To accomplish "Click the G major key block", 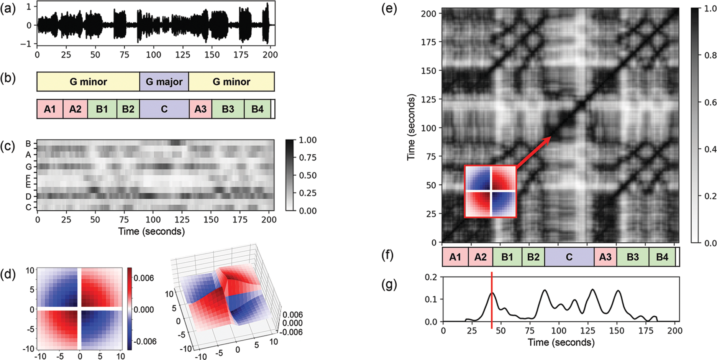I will (x=164, y=82).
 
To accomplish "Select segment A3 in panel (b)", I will (x=200, y=109).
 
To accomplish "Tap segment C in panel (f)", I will (x=569, y=257).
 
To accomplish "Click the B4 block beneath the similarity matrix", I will (x=662, y=257).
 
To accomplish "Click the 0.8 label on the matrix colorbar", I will (x=710, y=56).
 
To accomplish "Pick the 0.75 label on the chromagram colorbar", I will (x=307, y=158).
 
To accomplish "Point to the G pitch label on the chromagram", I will (x=28, y=167).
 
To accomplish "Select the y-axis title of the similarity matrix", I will (x=411, y=128).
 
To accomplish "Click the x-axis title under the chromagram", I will (x=151, y=231).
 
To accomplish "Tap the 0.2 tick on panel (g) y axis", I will (x=431, y=277).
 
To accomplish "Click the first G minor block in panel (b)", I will (x=88, y=82).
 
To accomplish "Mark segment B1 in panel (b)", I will (x=102, y=109).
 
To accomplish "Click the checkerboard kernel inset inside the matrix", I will (x=491, y=191).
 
